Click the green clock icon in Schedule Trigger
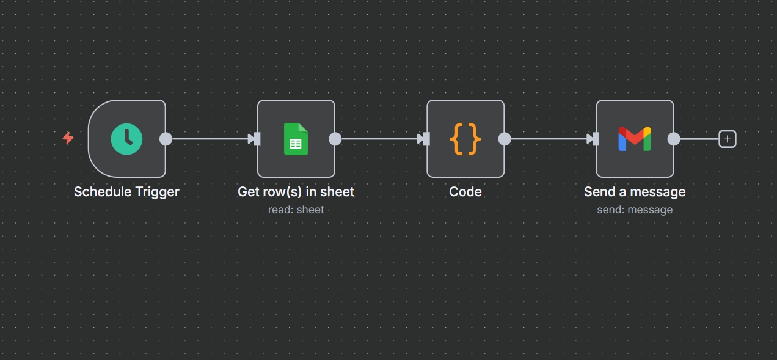(x=126, y=139)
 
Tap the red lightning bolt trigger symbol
(x=68, y=138)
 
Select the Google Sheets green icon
(x=296, y=139)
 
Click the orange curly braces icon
(x=465, y=139)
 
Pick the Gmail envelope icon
(x=635, y=139)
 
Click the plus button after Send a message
(x=727, y=139)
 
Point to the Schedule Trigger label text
(x=126, y=192)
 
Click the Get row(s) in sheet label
(x=296, y=192)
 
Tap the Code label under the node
(x=465, y=192)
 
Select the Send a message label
(x=635, y=192)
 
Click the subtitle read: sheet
(x=296, y=210)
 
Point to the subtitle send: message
(x=635, y=210)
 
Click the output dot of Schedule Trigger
(x=166, y=139)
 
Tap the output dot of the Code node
(x=505, y=139)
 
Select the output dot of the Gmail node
(x=674, y=139)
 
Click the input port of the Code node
(x=426, y=139)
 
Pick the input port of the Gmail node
(x=595, y=139)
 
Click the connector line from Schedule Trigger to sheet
(x=208, y=139)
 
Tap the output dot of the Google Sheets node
(x=335, y=139)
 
